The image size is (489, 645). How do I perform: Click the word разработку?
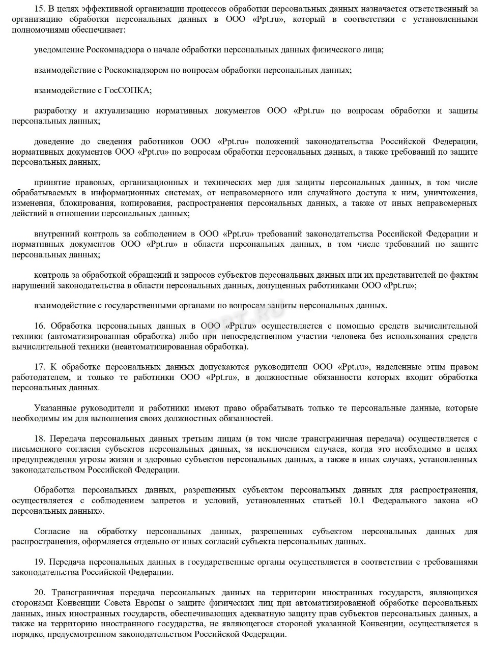tap(55, 110)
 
